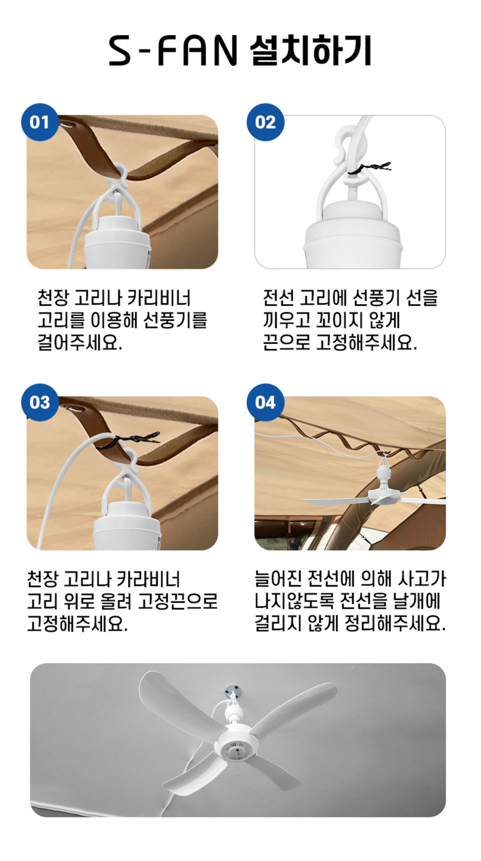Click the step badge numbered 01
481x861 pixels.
40,122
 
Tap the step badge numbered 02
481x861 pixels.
265,122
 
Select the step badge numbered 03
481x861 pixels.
40,403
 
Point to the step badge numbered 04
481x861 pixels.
265,403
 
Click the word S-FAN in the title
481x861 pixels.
173,51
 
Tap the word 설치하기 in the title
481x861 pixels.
310,51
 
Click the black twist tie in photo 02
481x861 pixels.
369,168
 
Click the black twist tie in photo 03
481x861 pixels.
128,440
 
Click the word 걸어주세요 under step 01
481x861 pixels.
79,342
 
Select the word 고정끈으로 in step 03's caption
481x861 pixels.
178,601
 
